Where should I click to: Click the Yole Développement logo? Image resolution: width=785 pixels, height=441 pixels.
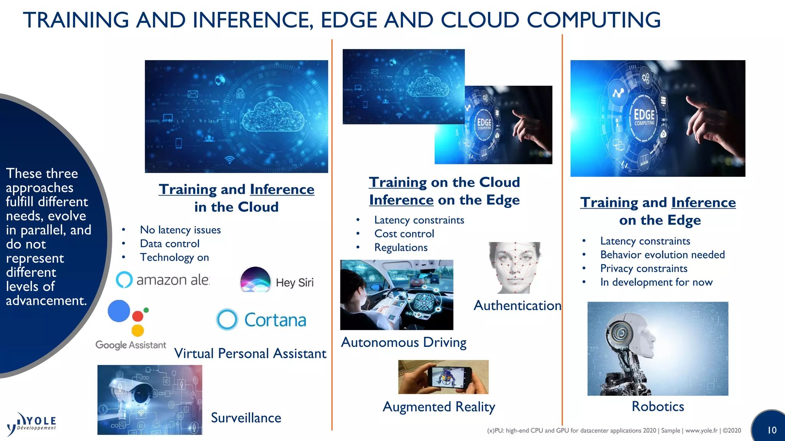tap(31, 424)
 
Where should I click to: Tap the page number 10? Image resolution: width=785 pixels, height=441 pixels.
tap(772, 430)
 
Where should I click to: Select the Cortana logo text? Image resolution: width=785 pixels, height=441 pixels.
tap(275, 320)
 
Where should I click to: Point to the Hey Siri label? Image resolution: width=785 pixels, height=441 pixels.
tap(294, 283)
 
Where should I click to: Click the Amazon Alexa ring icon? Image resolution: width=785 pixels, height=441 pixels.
tap(124, 280)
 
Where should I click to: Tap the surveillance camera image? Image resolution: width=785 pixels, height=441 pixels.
tap(149, 400)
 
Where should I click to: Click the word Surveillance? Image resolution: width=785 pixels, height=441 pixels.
tap(246, 418)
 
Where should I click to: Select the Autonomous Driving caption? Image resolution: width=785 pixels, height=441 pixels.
tap(403, 342)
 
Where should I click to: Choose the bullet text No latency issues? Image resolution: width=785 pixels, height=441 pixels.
tap(180, 230)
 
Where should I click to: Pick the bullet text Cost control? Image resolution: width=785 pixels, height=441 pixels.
tap(404, 234)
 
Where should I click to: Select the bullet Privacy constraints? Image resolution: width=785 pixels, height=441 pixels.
tap(644, 268)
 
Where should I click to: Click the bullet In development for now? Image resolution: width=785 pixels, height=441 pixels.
tap(656, 282)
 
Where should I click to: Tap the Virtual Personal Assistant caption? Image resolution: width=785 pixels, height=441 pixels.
tap(250, 353)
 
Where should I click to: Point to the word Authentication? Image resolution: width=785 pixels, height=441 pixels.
tap(517, 305)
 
